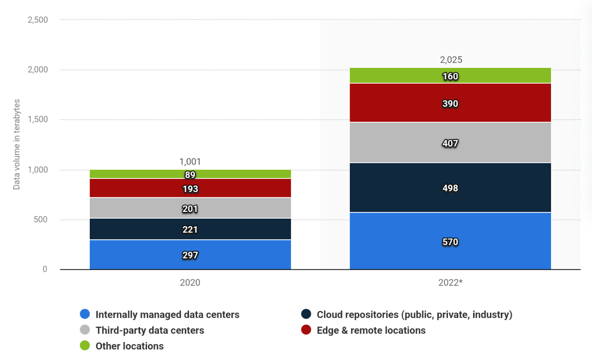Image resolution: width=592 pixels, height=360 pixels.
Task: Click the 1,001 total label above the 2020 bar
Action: pyautogui.click(x=190, y=162)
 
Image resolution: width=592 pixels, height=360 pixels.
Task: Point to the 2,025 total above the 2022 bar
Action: pyautogui.click(x=451, y=60)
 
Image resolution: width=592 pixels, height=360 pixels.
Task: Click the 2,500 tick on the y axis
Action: pyautogui.click(x=38, y=20)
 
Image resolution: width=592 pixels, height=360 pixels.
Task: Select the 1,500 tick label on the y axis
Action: pyautogui.click(x=38, y=120)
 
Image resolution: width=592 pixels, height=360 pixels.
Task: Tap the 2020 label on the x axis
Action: pyautogui.click(x=190, y=283)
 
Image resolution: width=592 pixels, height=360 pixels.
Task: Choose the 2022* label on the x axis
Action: pyautogui.click(x=450, y=283)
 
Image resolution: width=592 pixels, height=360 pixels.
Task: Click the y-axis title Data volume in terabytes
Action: pyautogui.click(x=17, y=144)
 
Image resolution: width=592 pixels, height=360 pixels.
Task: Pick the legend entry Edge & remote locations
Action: pyautogui.click(x=371, y=330)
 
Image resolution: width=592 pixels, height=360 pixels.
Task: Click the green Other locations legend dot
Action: pyautogui.click(x=85, y=346)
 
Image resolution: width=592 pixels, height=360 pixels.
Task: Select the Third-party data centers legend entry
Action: pyautogui.click(x=149, y=330)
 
